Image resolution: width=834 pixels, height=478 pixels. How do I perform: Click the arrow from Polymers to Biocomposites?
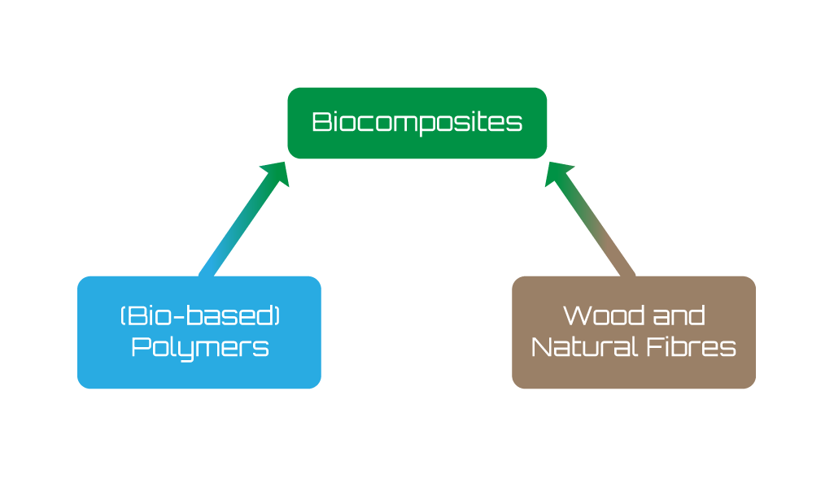(236, 227)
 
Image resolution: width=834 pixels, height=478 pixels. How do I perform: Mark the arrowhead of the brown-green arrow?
(558, 172)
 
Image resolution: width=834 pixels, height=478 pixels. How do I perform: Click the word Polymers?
(199, 348)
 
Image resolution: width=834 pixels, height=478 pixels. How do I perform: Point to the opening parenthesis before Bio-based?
(123, 315)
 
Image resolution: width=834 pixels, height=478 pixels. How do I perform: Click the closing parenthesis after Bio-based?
(277, 315)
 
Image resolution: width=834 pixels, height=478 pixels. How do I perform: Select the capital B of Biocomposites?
(320, 123)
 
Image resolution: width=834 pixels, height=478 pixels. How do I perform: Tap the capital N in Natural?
(540, 348)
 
